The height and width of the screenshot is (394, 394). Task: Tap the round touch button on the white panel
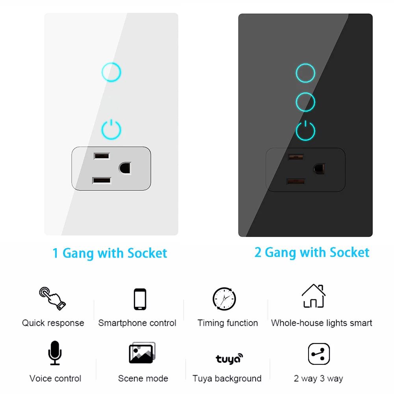[x=112, y=63]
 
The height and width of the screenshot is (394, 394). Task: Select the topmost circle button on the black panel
[x=305, y=64]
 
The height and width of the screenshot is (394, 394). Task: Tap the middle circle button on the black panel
[x=305, y=93]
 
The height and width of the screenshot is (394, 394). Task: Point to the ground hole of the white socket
[x=125, y=168]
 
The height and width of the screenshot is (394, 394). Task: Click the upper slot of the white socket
[x=102, y=156]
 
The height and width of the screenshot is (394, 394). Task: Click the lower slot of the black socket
[x=296, y=181]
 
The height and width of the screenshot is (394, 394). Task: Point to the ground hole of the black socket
[x=319, y=169]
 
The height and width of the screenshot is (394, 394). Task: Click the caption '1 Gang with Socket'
[x=110, y=253]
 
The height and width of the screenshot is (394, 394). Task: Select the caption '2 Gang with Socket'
[x=312, y=253]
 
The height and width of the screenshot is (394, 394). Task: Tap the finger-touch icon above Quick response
[x=52, y=299]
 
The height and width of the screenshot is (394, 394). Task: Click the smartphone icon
[x=140, y=299]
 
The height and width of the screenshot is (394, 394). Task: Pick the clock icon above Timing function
[x=224, y=299]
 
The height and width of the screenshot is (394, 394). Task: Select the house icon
[x=314, y=296]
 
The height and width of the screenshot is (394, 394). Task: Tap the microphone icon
[x=55, y=353]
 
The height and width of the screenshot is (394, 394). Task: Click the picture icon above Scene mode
[x=142, y=353]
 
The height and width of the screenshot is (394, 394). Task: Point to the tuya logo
[x=229, y=359]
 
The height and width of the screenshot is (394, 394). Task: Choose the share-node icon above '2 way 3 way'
[x=319, y=354]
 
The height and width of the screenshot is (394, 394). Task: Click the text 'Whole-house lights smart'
[x=322, y=323]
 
